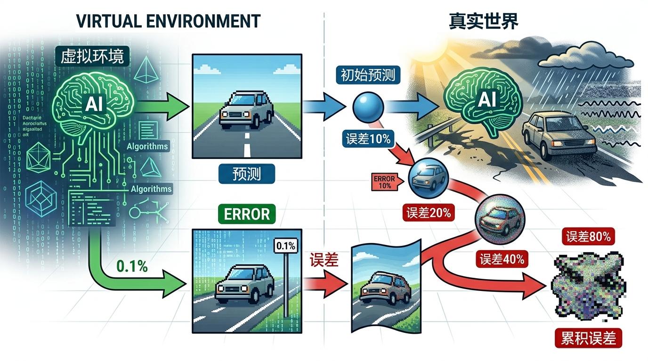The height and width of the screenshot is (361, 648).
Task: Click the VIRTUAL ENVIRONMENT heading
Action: pos(168,21)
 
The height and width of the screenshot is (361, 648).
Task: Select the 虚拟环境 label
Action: pos(92,57)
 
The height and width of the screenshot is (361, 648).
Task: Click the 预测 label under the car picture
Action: pos(246,174)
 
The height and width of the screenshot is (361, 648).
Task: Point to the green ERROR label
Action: pos(247,214)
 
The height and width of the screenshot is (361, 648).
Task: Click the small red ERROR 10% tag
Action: pos(384,182)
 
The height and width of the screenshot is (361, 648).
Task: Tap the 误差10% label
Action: pos(368,139)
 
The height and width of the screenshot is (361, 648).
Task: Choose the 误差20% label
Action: pos(428,212)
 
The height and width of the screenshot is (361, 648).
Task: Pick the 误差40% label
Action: pos(502,259)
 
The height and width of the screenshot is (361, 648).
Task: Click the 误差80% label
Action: pos(588,237)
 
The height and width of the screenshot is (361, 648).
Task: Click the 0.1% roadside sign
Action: pos(284,245)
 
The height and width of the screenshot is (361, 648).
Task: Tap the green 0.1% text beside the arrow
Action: pos(132,266)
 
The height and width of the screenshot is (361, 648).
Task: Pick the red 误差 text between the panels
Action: pos(324,260)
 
